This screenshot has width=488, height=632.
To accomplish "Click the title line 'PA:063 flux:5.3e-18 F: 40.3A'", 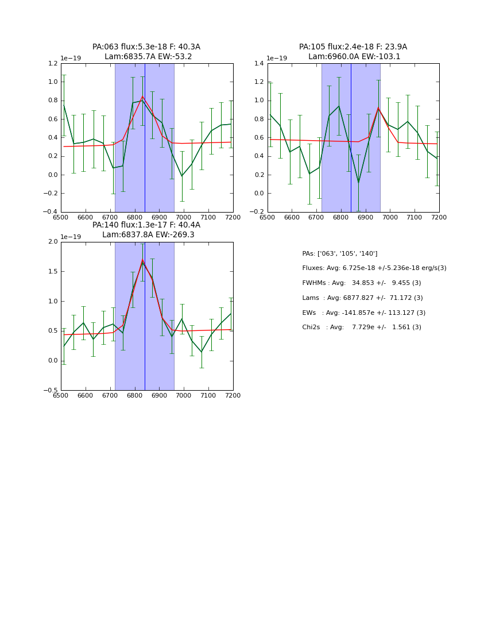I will pyautogui.click(x=146, y=47).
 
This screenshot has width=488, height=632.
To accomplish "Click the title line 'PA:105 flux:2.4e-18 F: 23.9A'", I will pyautogui.click(x=353, y=47).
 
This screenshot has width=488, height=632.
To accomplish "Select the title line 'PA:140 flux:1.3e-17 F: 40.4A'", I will pyautogui.click(x=146, y=225).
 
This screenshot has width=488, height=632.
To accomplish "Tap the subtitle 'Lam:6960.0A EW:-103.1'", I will pyautogui.click(x=354, y=57).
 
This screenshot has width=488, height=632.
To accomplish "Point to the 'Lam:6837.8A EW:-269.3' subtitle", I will pyautogui.click(x=148, y=235).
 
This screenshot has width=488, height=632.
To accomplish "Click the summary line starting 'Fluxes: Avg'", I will pyautogui.click(x=374, y=268).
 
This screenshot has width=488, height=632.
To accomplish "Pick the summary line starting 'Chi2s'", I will pyautogui.click(x=361, y=327).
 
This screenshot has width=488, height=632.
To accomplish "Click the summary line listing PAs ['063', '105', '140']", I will pyautogui.click(x=339, y=253).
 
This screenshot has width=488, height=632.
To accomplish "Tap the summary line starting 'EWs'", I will pyautogui.click(x=363, y=313).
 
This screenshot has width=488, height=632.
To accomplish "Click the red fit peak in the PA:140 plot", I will pyautogui.click(x=142, y=260).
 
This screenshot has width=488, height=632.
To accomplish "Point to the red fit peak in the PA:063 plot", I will pyautogui.click(x=142, y=97).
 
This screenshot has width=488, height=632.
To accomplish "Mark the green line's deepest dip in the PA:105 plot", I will pyautogui.click(x=358, y=183).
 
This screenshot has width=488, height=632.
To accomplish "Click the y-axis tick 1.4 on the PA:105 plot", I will pyautogui.click(x=260, y=63).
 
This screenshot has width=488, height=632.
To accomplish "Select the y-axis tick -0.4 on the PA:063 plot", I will pyautogui.click(x=52, y=212).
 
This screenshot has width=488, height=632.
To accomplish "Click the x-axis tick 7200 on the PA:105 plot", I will pyautogui.click(x=439, y=218).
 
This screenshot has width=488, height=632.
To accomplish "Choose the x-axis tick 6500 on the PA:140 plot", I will pyautogui.click(x=61, y=395).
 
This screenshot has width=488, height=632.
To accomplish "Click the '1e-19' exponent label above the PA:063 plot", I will pyautogui.click(x=71, y=58).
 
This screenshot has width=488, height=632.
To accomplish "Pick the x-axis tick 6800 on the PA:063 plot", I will pyautogui.click(x=134, y=218).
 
